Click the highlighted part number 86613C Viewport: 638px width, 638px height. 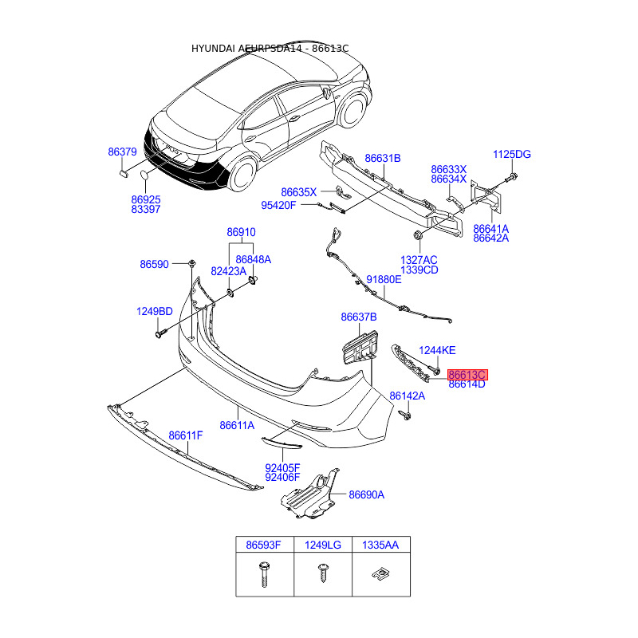(x=467, y=374)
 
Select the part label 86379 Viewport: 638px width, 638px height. (x=123, y=152)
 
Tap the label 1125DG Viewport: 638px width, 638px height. (x=511, y=154)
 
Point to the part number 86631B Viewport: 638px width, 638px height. (x=383, y=159)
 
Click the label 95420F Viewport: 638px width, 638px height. (x=278, y=205)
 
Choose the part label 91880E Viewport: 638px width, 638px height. (x=384, y=280)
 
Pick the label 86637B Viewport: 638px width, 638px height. (x=359, y=317)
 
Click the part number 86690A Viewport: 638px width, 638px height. (x=367, y=494)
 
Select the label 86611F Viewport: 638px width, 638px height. (x=186, y=435)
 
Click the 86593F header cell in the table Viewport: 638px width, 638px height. (x=264, y=545)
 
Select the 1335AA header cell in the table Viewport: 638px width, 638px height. (x=380, y=545)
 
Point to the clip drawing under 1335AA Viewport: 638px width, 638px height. (x=380, y=573)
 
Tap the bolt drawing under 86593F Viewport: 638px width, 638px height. (x=264, y=573)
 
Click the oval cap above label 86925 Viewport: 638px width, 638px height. (x=144, y=176)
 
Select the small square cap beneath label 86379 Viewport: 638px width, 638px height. (x=124, y=171)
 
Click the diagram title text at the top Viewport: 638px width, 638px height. (x=270, y=49)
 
